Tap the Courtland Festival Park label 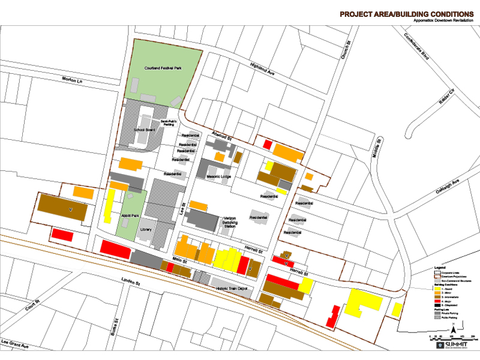[162, 69]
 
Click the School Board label [144, 130]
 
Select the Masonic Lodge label [219, 177]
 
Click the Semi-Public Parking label [168, 123]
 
